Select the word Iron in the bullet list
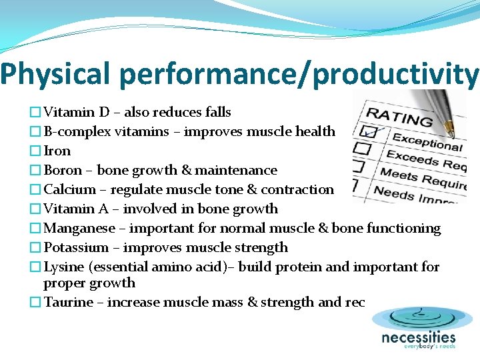click(57, 151)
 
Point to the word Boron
click(63, 171)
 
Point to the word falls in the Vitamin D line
click(217, 113)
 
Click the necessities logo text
click(418, 338)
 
